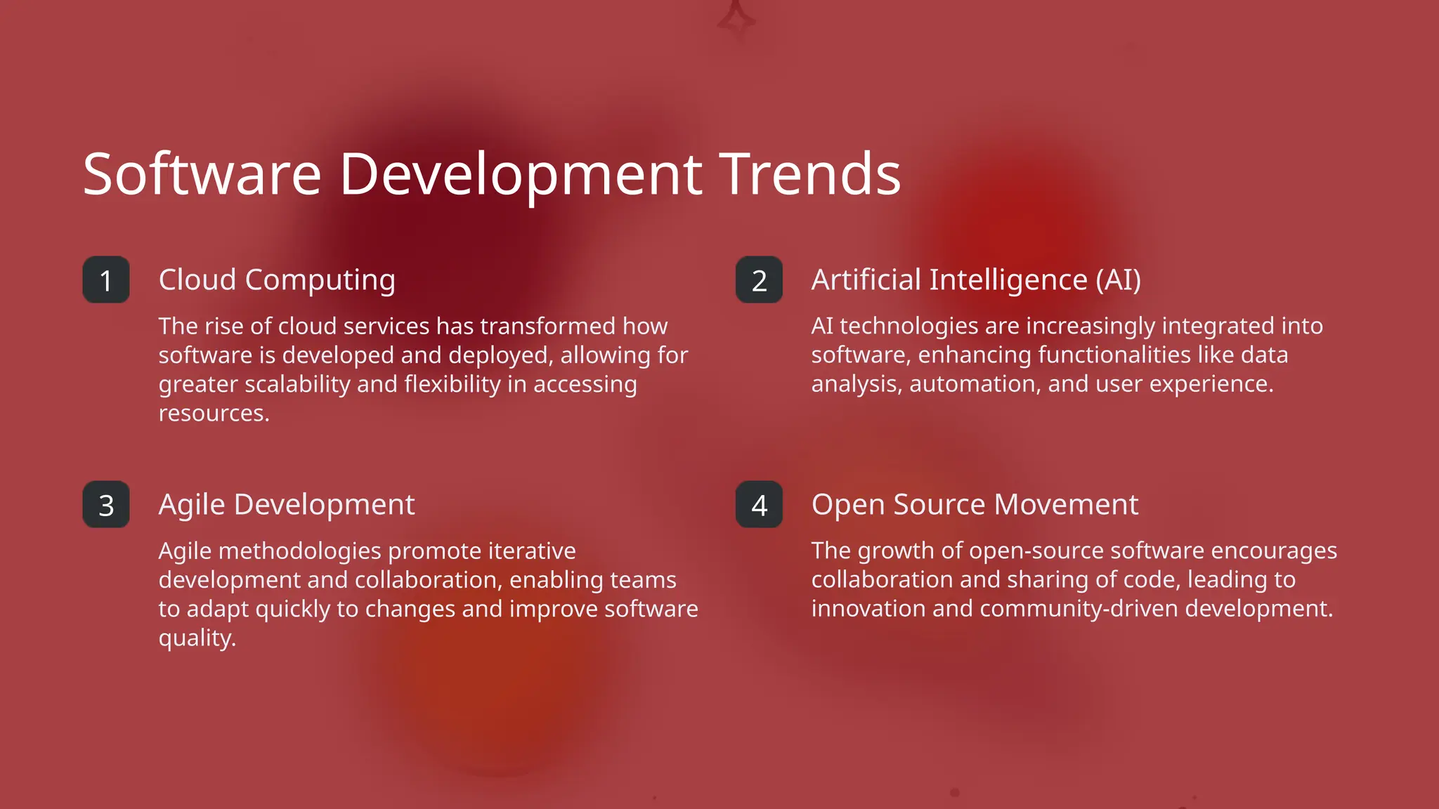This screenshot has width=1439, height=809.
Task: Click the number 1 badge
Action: coord(106,280)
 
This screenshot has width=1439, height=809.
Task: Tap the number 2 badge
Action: coord(759,280)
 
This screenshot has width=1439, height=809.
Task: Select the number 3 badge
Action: coord(106,505)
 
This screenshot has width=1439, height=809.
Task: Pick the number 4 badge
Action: coord(759,505)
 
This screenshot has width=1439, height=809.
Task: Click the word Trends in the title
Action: coord(811,173)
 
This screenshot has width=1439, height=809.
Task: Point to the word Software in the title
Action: coord(202,173)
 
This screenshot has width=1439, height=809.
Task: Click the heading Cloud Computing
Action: coord(277,280)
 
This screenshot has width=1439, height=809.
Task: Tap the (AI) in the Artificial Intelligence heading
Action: coord(1118,280)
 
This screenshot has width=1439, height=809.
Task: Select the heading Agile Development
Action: coord(287,505)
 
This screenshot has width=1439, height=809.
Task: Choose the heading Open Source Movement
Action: coord(975,505)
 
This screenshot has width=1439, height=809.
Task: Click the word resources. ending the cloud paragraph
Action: coord(214,413)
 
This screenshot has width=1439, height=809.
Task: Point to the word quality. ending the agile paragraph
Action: coord(197,638)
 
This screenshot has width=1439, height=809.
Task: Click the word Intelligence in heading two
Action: coord(1008,280)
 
